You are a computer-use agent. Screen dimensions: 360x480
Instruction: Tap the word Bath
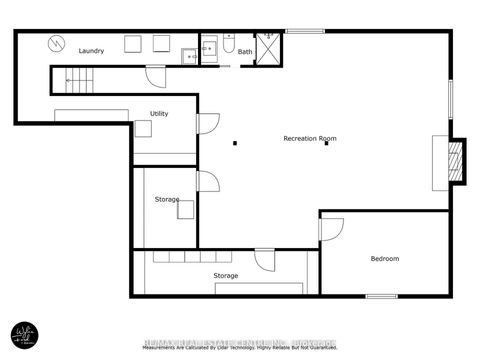coord(245,51)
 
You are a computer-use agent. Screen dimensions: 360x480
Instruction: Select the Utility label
coord(159,114)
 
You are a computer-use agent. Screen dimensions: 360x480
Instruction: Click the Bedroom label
coord(385,259)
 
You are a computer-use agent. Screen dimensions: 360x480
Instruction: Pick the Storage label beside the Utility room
coord(167,199)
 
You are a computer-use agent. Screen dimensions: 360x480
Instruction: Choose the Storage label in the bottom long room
coord(225,275)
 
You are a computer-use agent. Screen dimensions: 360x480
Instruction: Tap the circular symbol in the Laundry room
coord(57,44)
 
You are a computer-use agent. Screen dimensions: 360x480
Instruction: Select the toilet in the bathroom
coord(229,45)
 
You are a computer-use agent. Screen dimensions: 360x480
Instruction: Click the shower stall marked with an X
coord(268,48)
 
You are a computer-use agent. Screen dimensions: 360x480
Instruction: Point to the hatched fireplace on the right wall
coord(455,161)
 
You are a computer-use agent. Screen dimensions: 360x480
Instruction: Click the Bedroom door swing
coord(330,228)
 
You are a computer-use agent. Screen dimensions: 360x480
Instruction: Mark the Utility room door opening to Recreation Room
coord(208,123)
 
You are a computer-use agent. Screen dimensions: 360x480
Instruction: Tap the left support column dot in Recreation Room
coord(235,143)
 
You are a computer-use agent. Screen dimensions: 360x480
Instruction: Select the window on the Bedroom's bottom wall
coord(381,296)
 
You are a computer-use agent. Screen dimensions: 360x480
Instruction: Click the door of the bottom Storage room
coord(264,260)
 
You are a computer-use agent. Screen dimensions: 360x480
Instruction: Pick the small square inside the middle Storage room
coord(186,209)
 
